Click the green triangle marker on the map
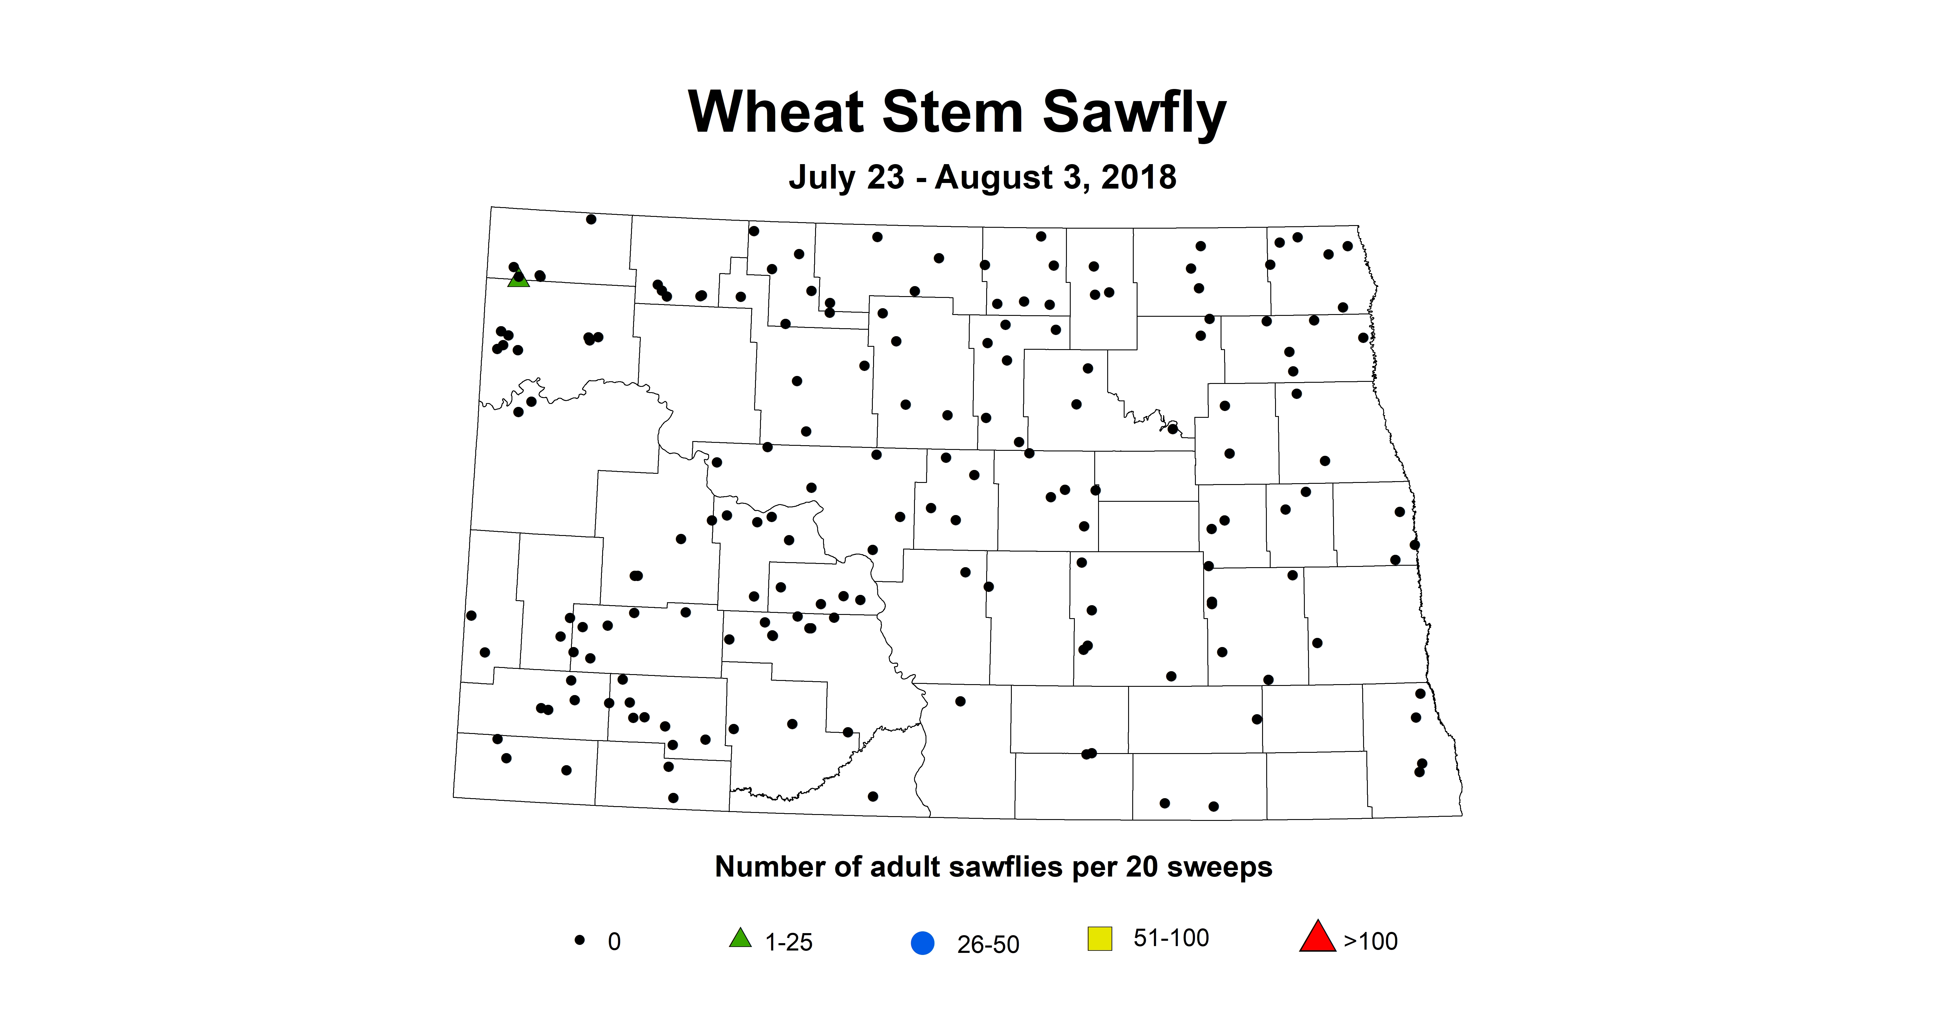click(518, 278)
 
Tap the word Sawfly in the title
click(1134, 113)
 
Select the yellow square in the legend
click(1100, 939)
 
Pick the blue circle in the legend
click(922, 943)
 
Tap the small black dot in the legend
click(580, 940)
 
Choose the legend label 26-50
click(988, 945)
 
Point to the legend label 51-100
click(1171, 938)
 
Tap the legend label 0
click(614, 943)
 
